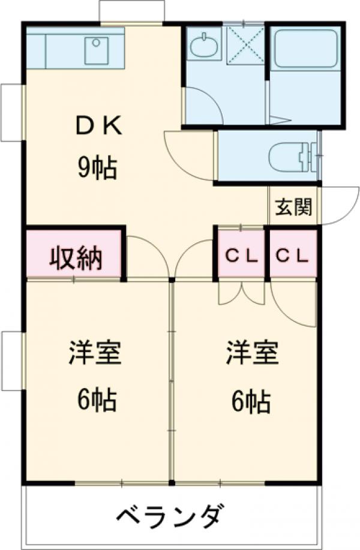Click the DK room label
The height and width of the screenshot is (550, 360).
click(x=100, y=127)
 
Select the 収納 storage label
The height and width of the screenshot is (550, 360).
click(x=75, y=258)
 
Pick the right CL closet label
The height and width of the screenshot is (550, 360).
click(x=292, y=256)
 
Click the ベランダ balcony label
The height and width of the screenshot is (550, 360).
click(x=171, y=515)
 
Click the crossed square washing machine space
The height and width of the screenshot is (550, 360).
click(x=245, y=44)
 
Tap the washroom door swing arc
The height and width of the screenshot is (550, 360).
click(x=203, y=105)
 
